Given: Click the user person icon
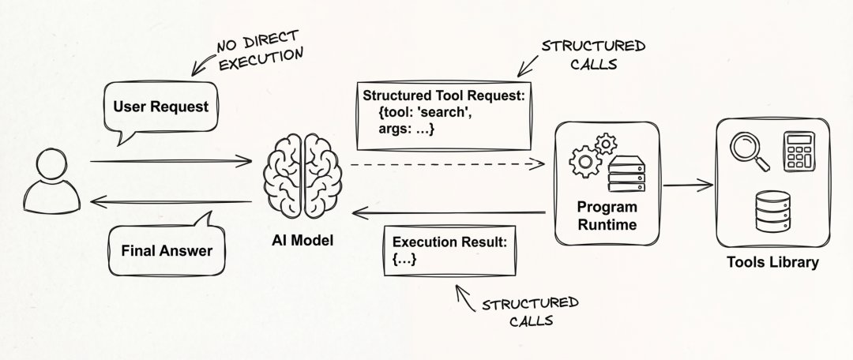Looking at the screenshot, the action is pos(51,182).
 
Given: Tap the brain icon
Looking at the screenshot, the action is pos(302,175).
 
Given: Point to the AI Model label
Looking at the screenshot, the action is pos(302,240).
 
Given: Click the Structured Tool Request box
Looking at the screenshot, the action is pos(443,116).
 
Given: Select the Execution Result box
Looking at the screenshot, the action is pos(450,251).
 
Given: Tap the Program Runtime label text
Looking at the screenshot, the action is pos(607,216).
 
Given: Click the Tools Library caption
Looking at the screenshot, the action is pos(772,262).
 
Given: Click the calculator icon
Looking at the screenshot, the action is pos(799,151).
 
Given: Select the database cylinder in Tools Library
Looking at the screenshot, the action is pos(772,212).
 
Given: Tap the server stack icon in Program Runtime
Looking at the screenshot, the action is pos(626,174).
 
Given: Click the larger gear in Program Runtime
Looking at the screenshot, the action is pos(584,162).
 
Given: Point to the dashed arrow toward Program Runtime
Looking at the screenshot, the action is pos(447,163).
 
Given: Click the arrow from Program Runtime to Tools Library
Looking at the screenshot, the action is pos(688,186).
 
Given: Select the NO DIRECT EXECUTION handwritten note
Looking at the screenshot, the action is pos(247,54).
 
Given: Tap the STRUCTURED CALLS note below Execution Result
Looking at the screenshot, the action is pos(517,309).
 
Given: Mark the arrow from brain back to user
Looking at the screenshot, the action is pos(171,202).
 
